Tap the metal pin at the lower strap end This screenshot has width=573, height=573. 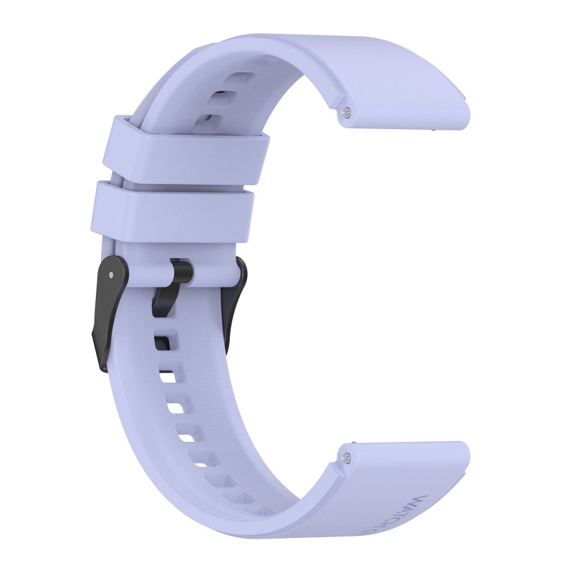pos(348,454)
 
